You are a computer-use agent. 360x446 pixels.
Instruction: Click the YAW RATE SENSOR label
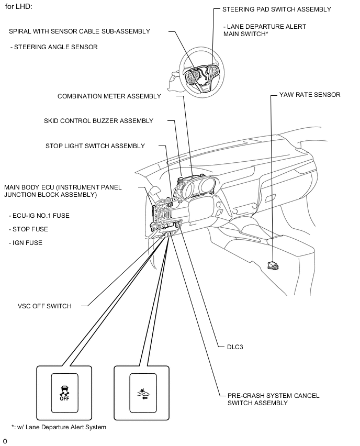tap(309, 95)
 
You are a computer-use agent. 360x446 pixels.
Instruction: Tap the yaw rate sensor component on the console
tap(273, 265)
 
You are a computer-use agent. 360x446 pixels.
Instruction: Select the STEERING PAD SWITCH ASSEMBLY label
tap(276, 9)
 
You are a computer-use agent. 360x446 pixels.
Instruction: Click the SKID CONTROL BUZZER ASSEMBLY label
tap(98, 121)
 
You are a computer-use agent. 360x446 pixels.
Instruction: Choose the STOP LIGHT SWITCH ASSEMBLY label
tap(95, 146)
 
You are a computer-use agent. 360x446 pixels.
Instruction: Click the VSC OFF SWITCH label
tap(44, 306)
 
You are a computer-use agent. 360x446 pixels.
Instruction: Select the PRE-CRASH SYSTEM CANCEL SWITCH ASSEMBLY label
tap(273, 399)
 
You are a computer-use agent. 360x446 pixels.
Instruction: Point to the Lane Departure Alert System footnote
tap(59, 427)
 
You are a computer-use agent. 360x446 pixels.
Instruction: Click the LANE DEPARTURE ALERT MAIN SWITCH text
tap(264, 30)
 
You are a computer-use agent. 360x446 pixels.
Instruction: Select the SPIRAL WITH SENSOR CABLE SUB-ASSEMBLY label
tap(80, 31)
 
